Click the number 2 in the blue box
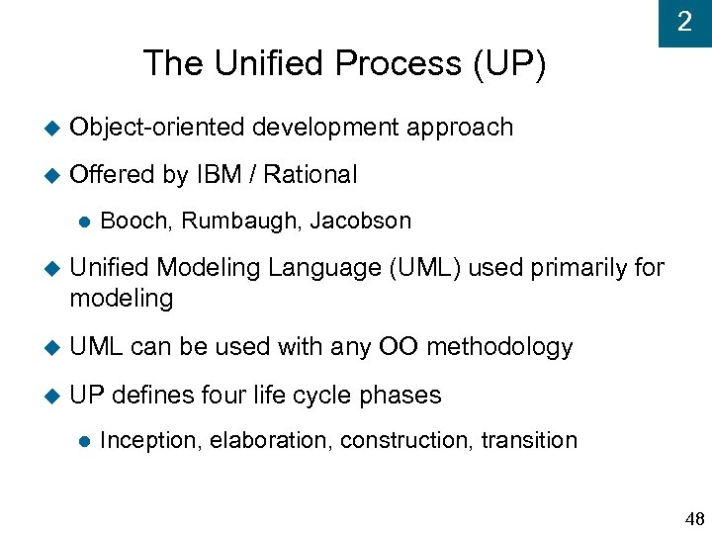point(684,22)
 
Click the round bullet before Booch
point(82,222)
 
